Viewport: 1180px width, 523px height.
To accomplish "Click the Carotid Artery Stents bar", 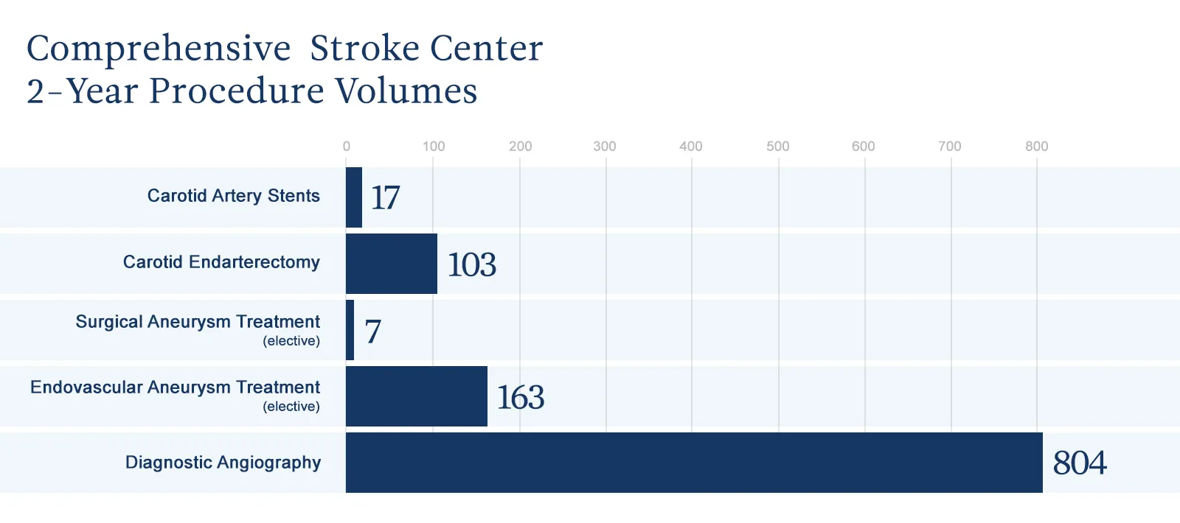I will [354, 197].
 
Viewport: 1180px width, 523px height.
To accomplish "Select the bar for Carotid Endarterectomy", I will [392, 264].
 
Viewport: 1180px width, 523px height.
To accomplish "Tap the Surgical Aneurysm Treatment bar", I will [350, 330].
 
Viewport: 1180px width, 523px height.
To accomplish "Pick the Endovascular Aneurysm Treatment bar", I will [417, 396].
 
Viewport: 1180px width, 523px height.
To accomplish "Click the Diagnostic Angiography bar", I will [694, 463].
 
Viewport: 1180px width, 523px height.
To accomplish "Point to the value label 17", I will [385, 197].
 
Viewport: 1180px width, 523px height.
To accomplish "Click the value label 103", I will [472, 264].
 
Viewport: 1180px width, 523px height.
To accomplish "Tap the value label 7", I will [373, 331].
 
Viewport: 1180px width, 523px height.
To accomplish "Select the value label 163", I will [521, 398].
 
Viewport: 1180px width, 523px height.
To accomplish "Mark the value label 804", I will [1080, 463].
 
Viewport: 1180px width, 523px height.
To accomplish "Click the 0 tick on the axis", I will [347, 146].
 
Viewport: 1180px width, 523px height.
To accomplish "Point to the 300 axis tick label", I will [605, 146].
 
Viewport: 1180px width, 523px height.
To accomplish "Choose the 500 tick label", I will [778, 146].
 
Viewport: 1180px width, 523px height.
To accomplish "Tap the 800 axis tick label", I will [1037, 146].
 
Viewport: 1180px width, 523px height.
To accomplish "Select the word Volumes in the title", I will [406, 91].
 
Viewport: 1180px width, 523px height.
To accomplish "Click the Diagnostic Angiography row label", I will [223, 463].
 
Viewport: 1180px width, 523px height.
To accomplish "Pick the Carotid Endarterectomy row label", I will [221, 262].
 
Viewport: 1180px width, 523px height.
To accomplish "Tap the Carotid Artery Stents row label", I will [234, 196].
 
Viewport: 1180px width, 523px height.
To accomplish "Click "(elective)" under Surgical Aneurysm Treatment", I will [291, 341].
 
